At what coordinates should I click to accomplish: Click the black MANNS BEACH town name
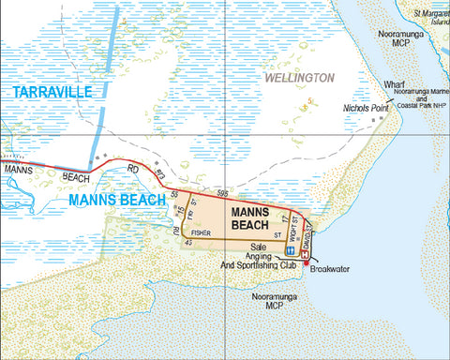[x=255, y=218]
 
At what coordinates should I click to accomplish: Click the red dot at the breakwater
[x=305, y=262]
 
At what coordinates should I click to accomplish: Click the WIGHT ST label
[x=294, y=226]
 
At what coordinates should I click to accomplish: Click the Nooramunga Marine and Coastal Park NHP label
[x=419, y=100]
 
